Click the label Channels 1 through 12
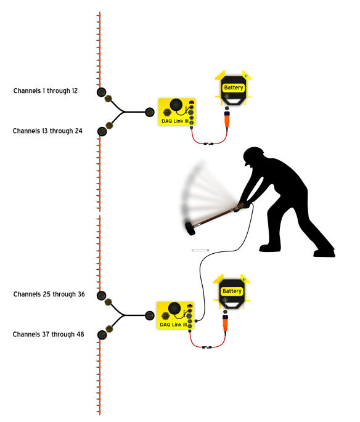tap(46, 91)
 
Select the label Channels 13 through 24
tap(47, 131)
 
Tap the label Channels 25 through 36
tap(49, 294)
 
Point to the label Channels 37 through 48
tap(49, 335)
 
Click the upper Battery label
tap(234, 87)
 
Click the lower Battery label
tap(232, 291)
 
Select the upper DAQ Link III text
tap(174, 121)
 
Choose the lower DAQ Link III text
tap(173, 325)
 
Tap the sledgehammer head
tap(190, 229)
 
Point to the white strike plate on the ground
tap(200, 250)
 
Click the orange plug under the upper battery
tap(227, 120)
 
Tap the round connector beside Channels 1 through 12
tap(102, 92)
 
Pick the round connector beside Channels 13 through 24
tap(102, 131)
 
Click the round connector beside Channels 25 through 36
tap(102, 295)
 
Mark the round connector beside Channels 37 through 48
tap(102, 335)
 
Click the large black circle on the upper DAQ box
tap(176, 105)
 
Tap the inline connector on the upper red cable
tap(208, 144)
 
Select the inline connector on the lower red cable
tap(207, 347)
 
